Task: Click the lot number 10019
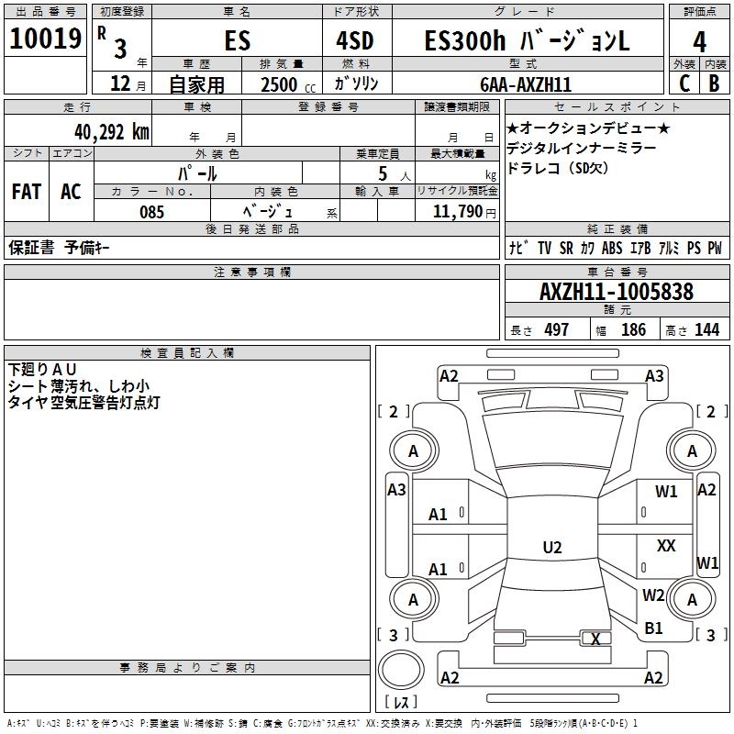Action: (46, 41)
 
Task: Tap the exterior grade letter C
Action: (683, 83)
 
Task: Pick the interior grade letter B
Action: (714, 83)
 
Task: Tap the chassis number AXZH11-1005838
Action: (617, 292)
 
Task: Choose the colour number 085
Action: (152, 212)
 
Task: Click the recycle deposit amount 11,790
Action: (459, 212)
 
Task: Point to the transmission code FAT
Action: (27, 192)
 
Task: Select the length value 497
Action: (556, 330)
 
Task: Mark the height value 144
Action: (706, 330)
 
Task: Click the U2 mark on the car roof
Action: (551, 548)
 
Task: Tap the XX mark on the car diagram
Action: (666, 546)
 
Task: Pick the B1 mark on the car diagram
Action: (653, 628)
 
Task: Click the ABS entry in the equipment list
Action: (612, 248)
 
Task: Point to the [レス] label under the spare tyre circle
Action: (401, 704)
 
